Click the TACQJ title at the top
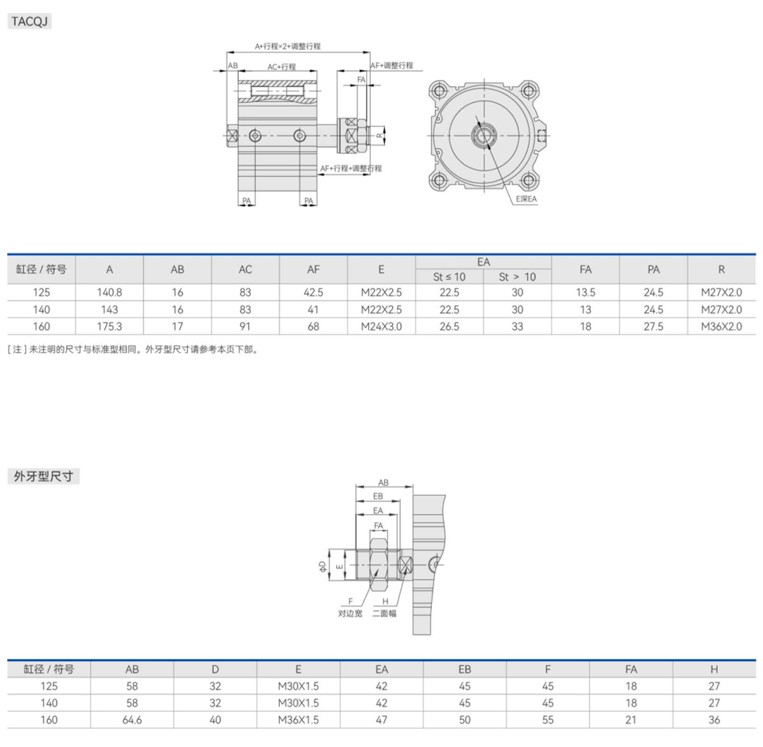point(29,21)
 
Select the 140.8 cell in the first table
point(109,292)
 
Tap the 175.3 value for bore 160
point(109,326)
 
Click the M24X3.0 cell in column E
point(381,326)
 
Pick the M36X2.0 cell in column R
point(722,326)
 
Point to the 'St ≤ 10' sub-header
point(449,277)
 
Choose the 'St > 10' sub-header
point(517,277)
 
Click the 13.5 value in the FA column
point(586,292)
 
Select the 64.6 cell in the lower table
point(132,720)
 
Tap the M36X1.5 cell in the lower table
point(298,720)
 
